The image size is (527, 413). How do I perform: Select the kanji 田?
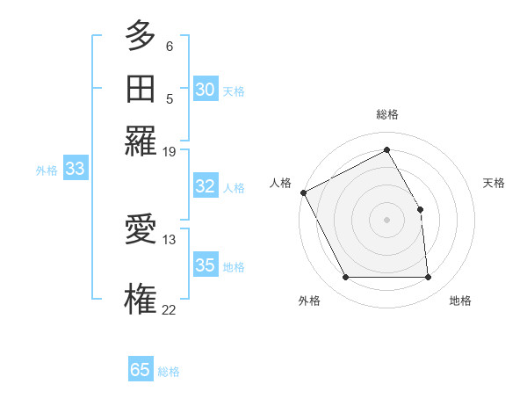pos(141,89)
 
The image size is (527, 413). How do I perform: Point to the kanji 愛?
pos(141,231)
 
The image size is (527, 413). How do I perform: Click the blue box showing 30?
pos(205,90)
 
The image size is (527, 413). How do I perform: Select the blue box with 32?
pos(205,186)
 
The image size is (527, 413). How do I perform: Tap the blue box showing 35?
pos(205,265)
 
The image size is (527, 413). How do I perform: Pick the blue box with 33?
pos(75,170)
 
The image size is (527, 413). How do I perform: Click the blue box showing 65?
pos(141,370)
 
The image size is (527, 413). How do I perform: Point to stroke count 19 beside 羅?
pos(169,151)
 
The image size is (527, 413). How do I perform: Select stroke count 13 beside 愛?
pos(169,238)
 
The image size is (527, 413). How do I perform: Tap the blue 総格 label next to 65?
pos(169,372)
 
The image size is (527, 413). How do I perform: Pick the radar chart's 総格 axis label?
pos(386,114)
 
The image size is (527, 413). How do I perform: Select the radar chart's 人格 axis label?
pos(280,183)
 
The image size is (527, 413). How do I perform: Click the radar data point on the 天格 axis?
pos(420,209)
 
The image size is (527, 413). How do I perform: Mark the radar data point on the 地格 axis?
pos(428,278)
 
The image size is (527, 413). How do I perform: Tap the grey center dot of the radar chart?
pos(386,219)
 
